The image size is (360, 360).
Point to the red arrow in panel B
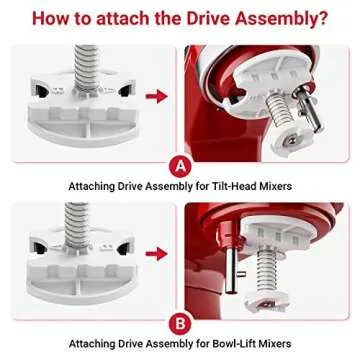pos(155,254)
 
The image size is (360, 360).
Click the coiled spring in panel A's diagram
pos(82,55)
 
